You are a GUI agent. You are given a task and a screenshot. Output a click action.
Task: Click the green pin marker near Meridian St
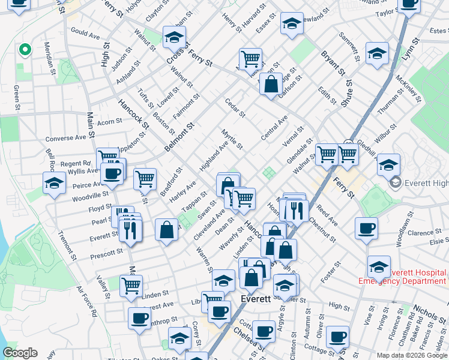(x=25, y=50)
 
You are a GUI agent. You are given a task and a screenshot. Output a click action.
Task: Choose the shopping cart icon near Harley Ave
(x=145, y=178)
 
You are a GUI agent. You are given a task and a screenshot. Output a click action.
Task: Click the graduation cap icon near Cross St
(x=174, y=38)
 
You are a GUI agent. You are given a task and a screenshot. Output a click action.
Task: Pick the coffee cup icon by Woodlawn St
(x=366, y=228)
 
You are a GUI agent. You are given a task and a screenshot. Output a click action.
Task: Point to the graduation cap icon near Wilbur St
(x=388, y=164)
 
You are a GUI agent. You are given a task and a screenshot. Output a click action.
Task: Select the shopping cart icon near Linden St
(x=131, y=285)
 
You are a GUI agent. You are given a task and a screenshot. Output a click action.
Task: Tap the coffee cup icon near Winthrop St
(x=139, y=318)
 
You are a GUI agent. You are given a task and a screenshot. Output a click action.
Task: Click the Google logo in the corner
(x=20, y=353)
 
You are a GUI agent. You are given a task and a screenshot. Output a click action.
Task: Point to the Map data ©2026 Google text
(x=412, y=355)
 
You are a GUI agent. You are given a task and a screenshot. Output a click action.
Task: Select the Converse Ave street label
(x=66, y=138)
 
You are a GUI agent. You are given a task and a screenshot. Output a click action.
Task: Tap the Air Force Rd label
(x=86, y=301)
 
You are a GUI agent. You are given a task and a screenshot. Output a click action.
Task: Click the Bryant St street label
(x=333, y=63)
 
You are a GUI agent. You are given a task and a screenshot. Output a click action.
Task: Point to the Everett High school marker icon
(x=395, y=182)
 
